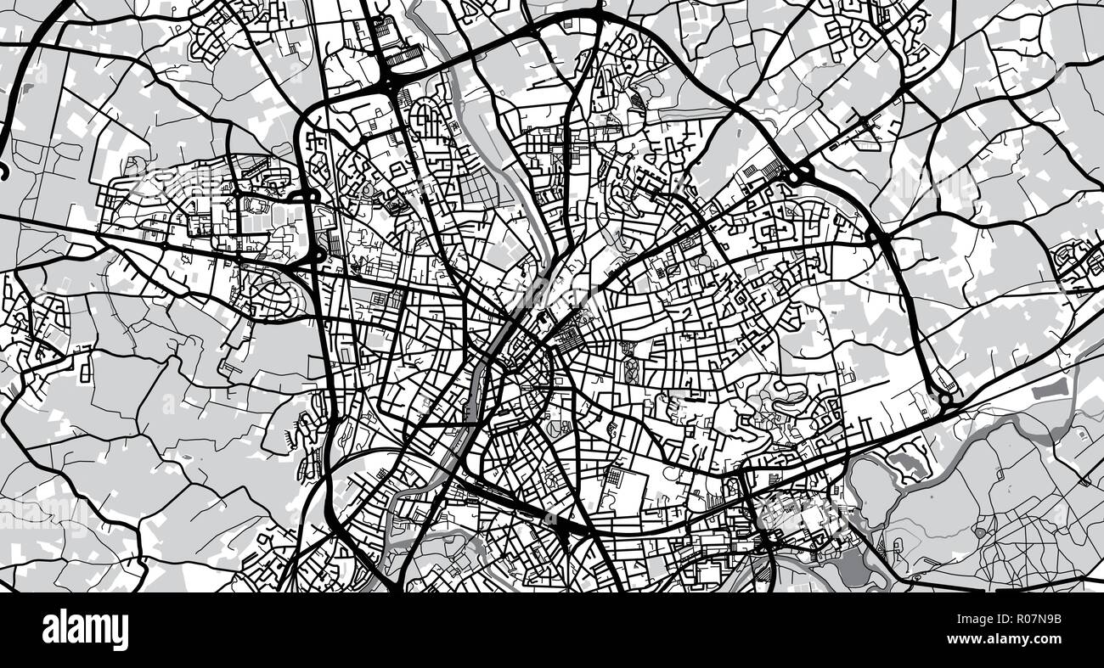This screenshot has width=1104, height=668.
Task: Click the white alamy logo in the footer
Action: (x=85, y=630)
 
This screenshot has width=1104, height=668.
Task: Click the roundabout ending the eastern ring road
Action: (x=943, y=398)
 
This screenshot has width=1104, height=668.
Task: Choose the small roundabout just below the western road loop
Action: (x=316, y=253)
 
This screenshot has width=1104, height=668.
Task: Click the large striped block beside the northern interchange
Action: (x=405, y=54)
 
